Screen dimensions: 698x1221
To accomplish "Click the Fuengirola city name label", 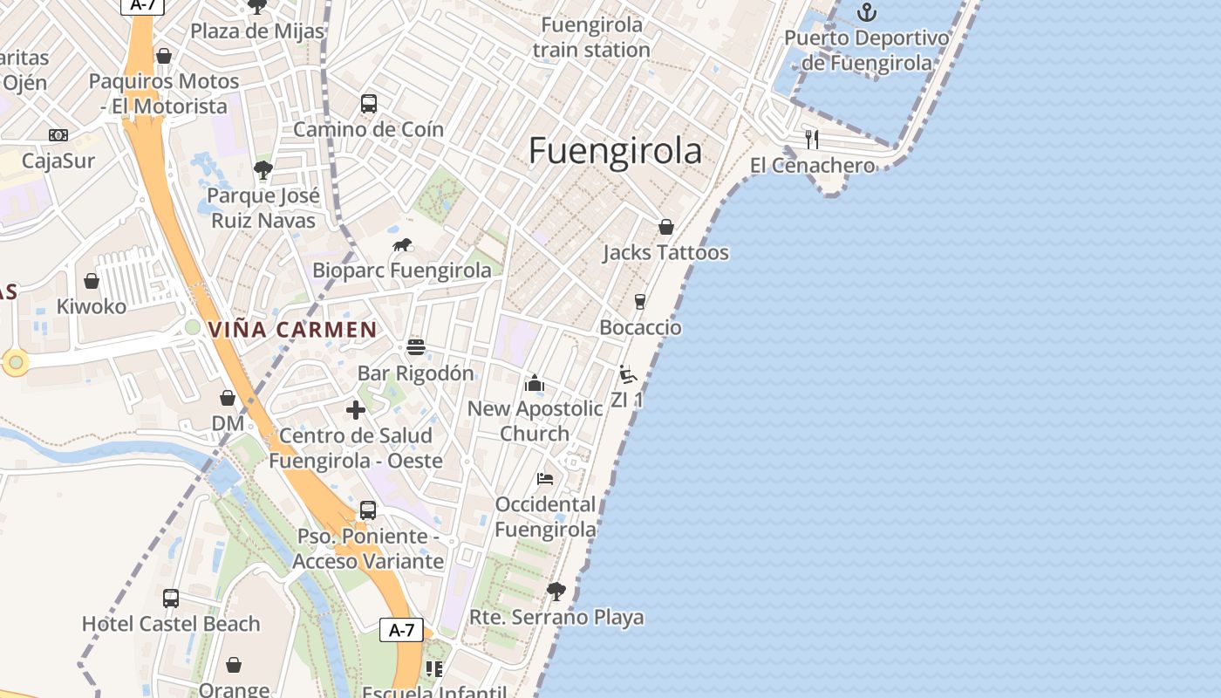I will coord(615,151).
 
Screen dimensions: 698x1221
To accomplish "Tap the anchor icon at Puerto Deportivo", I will coord(866,12).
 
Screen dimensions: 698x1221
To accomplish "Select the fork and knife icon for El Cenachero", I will coord(812,139).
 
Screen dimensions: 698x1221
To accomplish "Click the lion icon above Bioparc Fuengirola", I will coord(402,245).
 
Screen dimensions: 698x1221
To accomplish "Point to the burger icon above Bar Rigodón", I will coord(416,347).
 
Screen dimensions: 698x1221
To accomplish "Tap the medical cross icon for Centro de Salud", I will coord(356,410).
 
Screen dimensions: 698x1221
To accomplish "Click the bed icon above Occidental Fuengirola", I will coord(545,479).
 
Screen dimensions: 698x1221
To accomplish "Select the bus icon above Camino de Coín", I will coord(369,104).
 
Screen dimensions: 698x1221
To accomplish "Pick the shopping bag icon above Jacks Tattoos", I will coord(666,227).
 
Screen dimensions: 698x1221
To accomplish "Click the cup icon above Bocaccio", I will coord(640,302).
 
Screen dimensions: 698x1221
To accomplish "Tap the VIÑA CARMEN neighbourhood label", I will coord(292,331).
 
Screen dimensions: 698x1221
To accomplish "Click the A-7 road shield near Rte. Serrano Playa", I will coord(401,630).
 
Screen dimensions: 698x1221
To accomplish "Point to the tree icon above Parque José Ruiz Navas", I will coord(263,169).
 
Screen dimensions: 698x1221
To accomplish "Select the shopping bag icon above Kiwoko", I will coord(92,281).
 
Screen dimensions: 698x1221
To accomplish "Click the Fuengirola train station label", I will coord(591,38).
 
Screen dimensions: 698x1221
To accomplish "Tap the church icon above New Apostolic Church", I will coord(535,383).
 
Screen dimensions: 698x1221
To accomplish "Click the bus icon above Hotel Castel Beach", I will coord(171,599).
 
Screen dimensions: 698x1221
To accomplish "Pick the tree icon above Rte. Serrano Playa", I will coord(556,592).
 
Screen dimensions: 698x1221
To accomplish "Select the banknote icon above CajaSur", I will coord(58,135).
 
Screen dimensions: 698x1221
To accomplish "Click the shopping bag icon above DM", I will coord(228,398).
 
